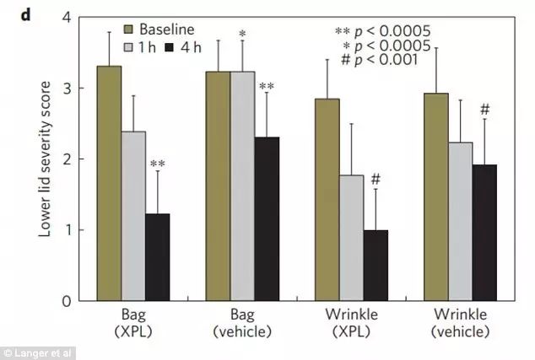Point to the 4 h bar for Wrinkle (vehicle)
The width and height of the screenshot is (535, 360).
click(x=484, y=232)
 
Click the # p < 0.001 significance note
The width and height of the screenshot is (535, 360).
click(x=390, y=60)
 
